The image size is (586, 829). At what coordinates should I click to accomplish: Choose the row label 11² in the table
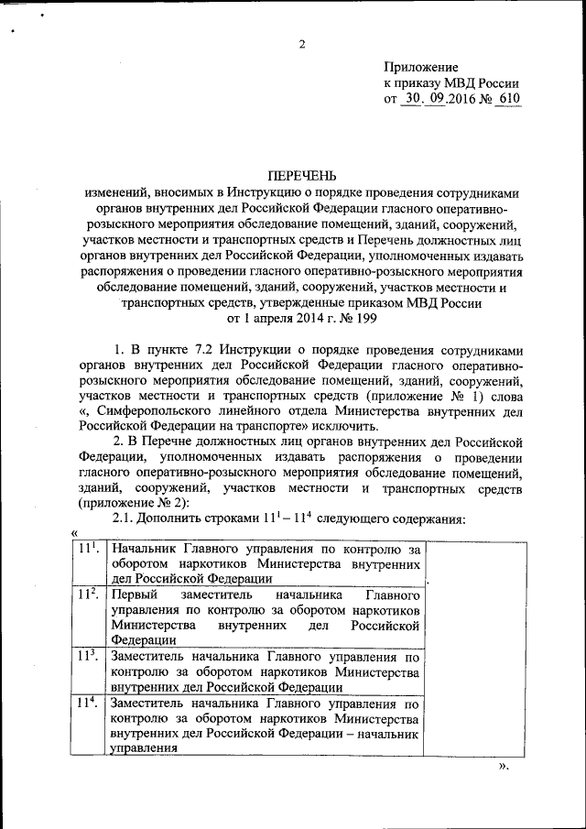coord(88,594)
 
